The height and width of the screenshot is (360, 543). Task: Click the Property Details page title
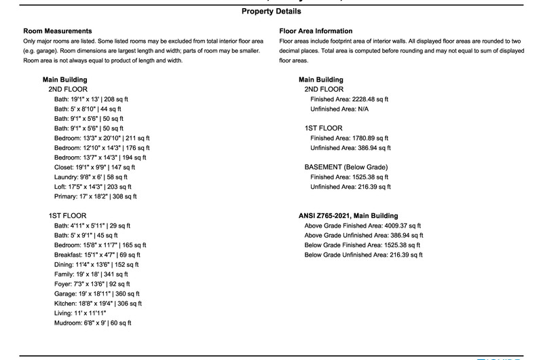271,12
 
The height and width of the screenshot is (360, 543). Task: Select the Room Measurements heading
58,31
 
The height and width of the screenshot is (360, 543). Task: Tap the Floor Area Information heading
316,31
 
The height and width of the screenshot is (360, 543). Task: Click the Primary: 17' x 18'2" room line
95,196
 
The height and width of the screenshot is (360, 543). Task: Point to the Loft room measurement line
93,187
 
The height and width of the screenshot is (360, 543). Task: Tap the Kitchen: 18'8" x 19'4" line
98,304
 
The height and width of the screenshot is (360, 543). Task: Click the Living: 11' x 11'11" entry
85,314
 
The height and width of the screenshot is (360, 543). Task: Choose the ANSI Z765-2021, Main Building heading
348,216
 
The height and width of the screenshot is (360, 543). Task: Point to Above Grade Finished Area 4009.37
363,226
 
